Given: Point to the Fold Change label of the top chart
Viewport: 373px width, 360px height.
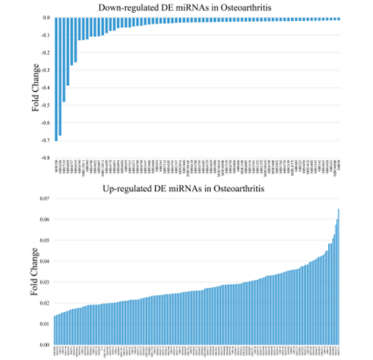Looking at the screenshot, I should (36, 87).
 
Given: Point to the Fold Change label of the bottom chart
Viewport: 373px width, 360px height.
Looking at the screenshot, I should (36, 272).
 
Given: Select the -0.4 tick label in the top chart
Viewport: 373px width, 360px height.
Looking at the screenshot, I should (46, 88).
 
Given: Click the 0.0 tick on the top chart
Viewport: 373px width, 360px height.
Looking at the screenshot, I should (46, 17).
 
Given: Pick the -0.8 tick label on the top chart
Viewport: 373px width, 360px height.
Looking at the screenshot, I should (46, 158).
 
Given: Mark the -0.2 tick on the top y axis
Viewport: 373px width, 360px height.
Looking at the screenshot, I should (46, 53).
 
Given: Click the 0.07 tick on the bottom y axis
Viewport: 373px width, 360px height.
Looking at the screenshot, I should (45, 199).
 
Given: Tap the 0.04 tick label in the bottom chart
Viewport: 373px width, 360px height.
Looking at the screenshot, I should (45, 261).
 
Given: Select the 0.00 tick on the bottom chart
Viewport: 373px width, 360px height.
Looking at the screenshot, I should (45, 345).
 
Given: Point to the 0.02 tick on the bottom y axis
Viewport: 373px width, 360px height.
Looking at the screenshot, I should (45, 303).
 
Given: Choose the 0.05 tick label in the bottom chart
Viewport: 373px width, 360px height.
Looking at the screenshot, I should (45, 241).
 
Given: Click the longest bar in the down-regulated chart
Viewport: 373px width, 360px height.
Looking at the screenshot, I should (56, 80).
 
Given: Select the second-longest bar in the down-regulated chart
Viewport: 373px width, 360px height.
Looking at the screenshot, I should (60, 77).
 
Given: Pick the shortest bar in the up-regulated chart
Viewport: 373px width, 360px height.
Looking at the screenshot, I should (55, 330).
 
